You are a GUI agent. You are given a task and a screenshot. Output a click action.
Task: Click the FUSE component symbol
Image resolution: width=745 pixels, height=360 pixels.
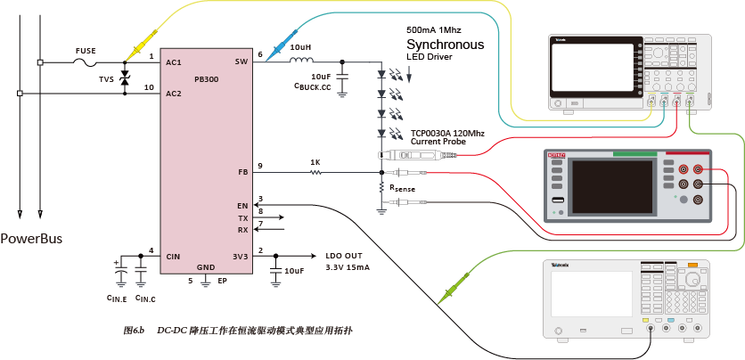[86, 62]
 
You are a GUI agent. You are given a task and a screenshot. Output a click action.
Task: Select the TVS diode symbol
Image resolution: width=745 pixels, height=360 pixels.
[125, 78]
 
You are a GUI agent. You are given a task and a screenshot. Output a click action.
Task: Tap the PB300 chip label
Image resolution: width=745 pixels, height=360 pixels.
[206, 79]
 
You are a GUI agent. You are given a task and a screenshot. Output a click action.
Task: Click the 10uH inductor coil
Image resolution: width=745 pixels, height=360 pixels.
[300, 61]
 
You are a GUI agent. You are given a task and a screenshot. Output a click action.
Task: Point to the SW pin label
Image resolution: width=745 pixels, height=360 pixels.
[241, 61]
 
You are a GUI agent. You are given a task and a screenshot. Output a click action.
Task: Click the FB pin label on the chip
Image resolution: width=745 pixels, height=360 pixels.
[242, 172]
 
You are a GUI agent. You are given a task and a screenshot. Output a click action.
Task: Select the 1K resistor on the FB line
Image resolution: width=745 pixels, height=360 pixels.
[315, 172]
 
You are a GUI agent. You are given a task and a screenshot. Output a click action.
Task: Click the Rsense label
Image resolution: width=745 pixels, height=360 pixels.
[402, 188]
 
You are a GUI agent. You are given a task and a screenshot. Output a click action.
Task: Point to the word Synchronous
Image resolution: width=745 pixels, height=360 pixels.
[445, 45]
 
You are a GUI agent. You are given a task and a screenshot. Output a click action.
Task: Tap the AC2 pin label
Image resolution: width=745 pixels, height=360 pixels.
[174, 93]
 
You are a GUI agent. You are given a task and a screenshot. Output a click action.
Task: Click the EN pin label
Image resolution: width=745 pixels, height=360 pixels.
[242, 205]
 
